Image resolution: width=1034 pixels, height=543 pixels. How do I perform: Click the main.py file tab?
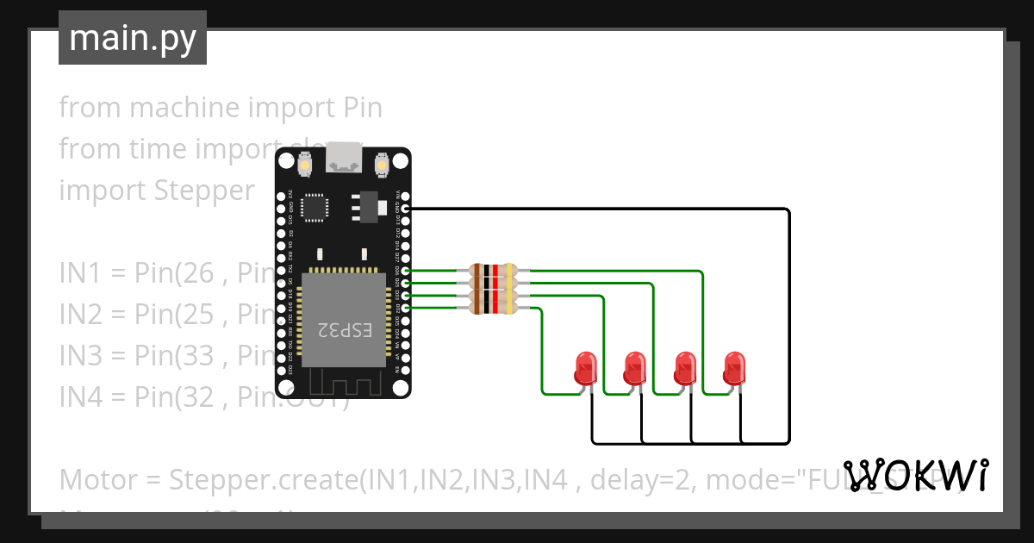pyautogui.click(x=132, y=39)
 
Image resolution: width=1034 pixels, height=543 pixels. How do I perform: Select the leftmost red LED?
pyautogui.click(x=586, y=368)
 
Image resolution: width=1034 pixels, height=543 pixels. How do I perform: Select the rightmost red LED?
pyautogui.click(x=735, y=368)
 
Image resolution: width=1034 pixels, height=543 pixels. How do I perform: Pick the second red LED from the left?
pyautogui.click(x=635, y=368)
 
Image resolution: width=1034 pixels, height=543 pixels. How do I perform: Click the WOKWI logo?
pyautogui.click(x=916, y=476)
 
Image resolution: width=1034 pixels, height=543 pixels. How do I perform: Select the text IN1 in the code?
pyautogui.click(x=80, y=273)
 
